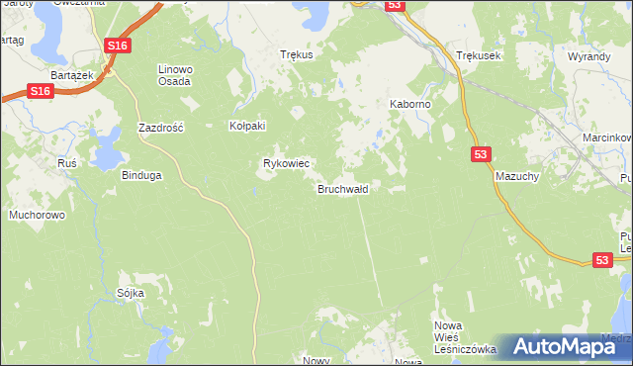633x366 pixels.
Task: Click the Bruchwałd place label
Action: coord(343,189)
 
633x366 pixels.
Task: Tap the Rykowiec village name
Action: coord(286,163)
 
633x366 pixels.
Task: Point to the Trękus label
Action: coord(297,55)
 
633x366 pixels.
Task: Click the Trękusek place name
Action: coord(479,56)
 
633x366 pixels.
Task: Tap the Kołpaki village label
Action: coord(248,127)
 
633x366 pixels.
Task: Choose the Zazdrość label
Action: coord(161,129)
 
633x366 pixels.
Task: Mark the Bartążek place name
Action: coord(71,75)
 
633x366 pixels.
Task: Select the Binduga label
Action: coord(140,175)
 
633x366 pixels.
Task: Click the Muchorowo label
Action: coord(37,214)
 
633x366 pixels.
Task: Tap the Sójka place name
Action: coord(131,294)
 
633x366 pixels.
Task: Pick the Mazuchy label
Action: coord(515,174)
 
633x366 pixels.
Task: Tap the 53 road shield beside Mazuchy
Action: coord(480,154)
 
